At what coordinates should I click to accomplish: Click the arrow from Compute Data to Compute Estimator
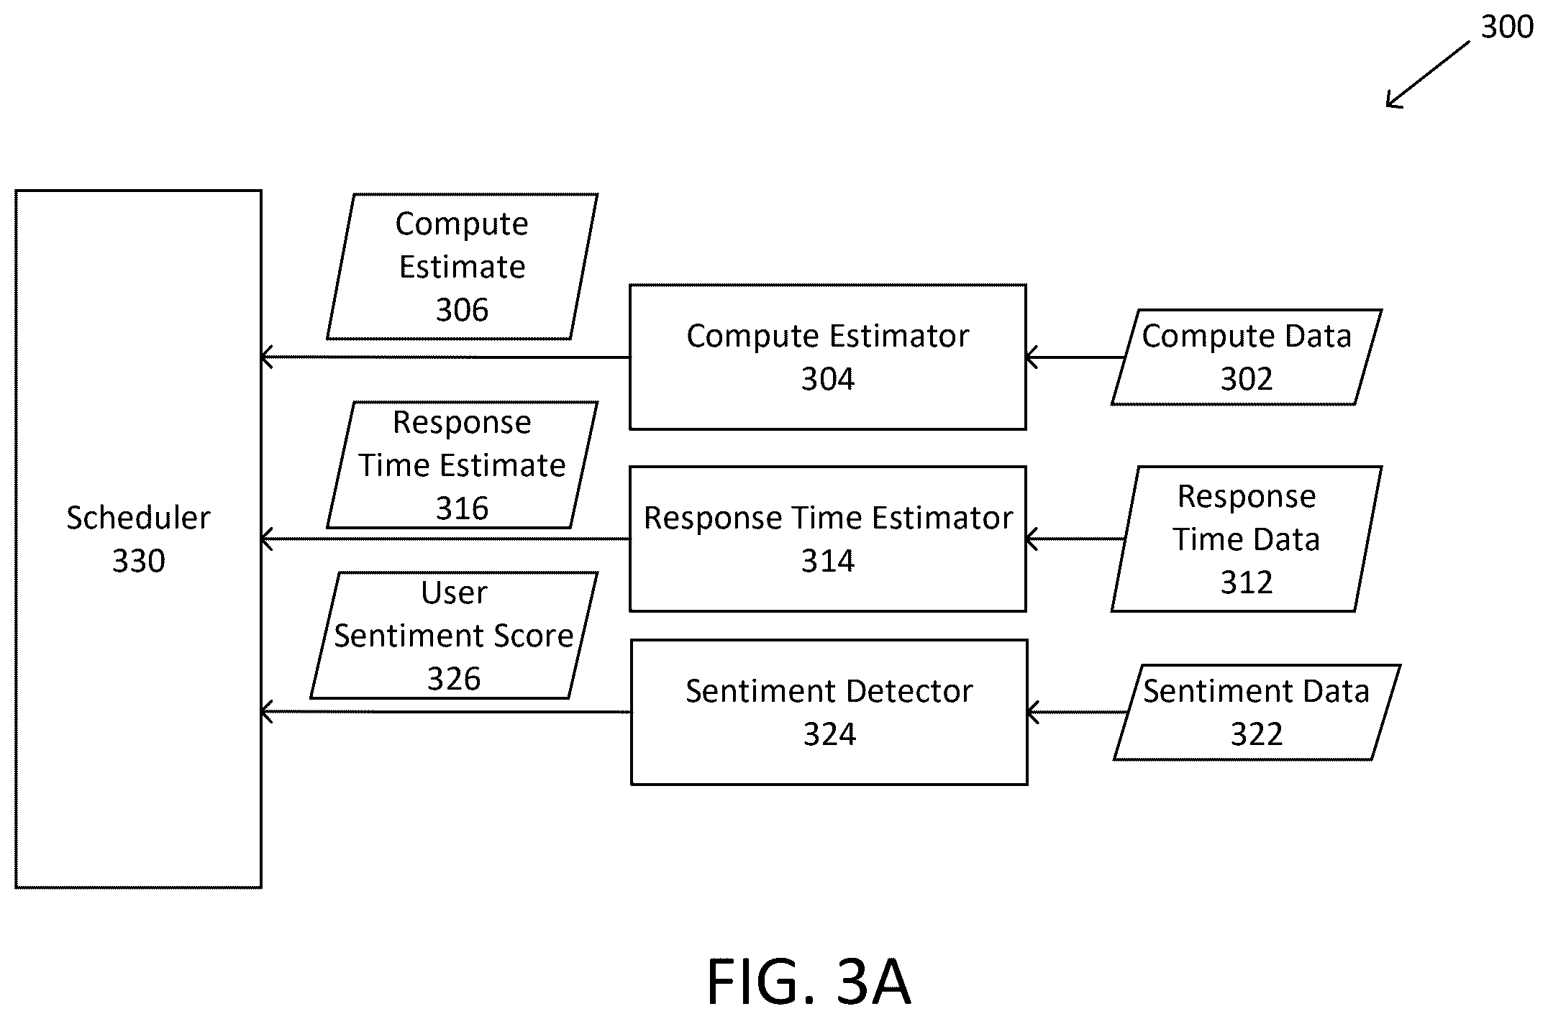1075,357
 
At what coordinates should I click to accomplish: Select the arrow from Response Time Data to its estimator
1075,539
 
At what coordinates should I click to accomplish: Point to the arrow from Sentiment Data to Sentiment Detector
1078,713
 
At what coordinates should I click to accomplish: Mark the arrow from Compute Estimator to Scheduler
446,357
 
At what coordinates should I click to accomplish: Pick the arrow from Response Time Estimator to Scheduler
446,539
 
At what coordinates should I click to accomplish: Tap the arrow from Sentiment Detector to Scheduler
447,712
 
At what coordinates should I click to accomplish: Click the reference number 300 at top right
1506,27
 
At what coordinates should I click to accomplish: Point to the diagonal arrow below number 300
1428,75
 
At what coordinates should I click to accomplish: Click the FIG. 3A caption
809,982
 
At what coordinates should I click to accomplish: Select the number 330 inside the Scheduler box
138,561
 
